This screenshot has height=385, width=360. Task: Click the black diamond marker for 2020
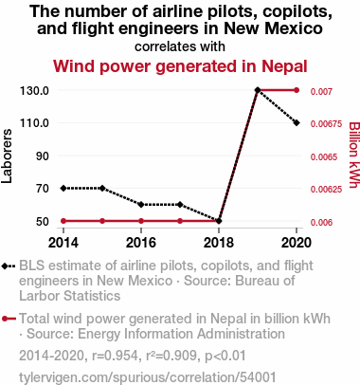click(x=297, y=122)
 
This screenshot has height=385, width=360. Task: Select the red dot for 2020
click(x=297, y=90)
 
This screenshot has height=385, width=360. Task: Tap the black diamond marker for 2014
click(x=63, y=188)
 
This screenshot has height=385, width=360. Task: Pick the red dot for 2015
click(x=102, y=221)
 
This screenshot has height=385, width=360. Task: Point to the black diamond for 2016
click(x=141, y=205)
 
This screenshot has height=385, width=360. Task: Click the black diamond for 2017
click(x=180, y=205)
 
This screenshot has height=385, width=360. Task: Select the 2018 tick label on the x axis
click(x=219, y=243)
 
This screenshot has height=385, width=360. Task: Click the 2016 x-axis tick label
click(x=141, y=243)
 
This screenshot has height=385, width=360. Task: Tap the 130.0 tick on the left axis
click(x=34, y=91)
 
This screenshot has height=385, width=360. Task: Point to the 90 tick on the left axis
click(x=43, y=156)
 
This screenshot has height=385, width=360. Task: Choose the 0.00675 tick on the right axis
click(x=326, y=124)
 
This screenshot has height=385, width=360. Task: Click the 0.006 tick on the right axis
click(x=321, y=223)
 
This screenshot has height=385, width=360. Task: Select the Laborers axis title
click(x=7, y=156)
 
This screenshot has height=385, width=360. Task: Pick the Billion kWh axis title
click(x=354, y=155)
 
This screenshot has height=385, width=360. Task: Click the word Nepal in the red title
click(x=284, y=66)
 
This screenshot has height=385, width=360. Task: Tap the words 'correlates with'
click(x=180, y=46)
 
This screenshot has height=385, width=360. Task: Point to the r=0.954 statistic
click(x=115, y=356)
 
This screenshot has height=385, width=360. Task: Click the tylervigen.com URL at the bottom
click(x=148, y=377)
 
